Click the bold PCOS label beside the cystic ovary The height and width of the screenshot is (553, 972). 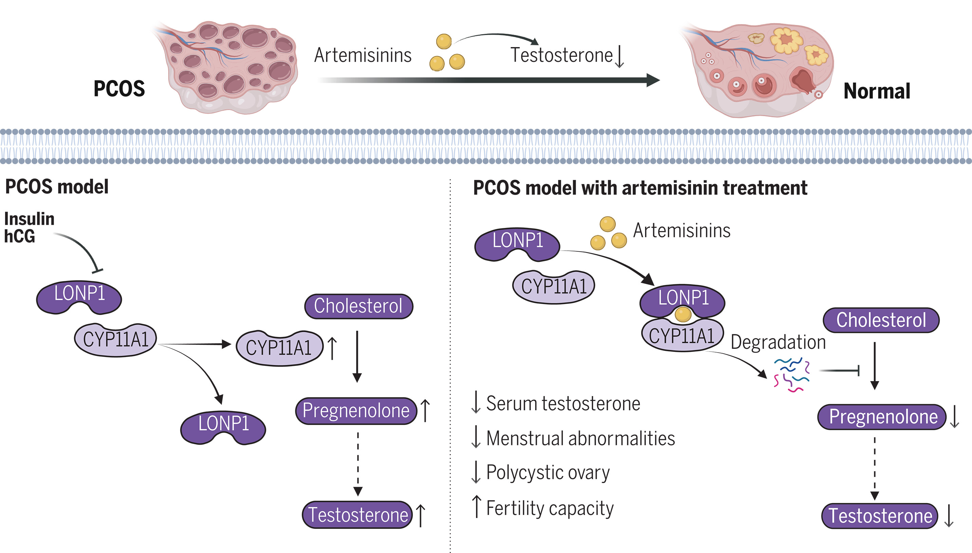pos(119,89)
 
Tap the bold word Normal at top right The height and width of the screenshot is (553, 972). pos(876,91)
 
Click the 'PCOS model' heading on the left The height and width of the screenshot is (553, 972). pos(57,187)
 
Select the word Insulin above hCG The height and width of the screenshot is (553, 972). pos(29,219)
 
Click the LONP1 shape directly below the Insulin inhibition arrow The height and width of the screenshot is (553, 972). pos(79,297)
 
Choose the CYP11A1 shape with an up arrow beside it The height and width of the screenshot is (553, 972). pos(279,347)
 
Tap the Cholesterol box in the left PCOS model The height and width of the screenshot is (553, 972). pos(358,306)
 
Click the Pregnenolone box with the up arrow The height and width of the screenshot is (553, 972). pos(356,411)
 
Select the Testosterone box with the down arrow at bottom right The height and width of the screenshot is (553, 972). pos(880,516)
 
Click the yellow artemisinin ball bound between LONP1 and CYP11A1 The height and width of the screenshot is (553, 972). pos(683,315)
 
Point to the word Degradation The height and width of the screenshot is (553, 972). pos(778,342)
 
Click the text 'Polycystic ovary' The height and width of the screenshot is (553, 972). pos(548,473)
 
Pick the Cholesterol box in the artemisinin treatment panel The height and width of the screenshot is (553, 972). pos(881,320)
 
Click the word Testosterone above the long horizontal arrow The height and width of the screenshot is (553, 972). pos(561,55)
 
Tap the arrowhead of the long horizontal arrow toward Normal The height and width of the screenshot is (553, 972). pos(653,80)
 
